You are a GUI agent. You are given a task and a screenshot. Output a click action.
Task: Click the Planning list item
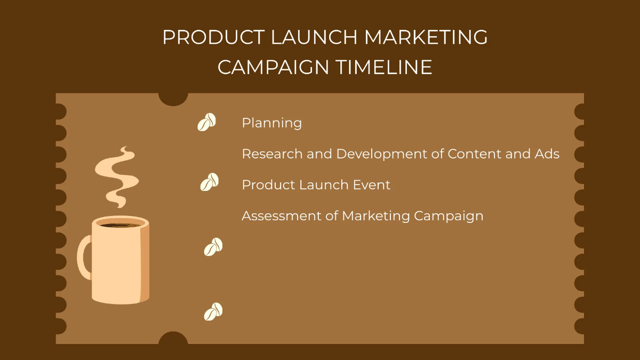[271, 123]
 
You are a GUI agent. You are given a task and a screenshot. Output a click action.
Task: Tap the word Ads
[547, 154]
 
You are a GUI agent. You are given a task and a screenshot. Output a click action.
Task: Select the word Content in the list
[471, 154]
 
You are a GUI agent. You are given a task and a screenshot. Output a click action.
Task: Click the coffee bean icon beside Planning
[207, 122]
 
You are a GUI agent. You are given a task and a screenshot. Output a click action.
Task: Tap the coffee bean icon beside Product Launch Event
[209, 182]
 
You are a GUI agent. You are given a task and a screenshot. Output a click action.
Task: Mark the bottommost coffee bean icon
[213, 311]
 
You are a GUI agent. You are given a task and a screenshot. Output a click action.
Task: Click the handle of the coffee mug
[84, 257]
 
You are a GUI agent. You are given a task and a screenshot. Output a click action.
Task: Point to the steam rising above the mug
[116, 176]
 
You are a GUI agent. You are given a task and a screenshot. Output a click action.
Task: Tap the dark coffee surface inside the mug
[120, 225]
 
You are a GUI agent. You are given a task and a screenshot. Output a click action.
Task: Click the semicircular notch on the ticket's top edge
[173, 98]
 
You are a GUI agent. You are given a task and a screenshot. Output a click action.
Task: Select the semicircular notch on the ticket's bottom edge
[173, 339]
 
